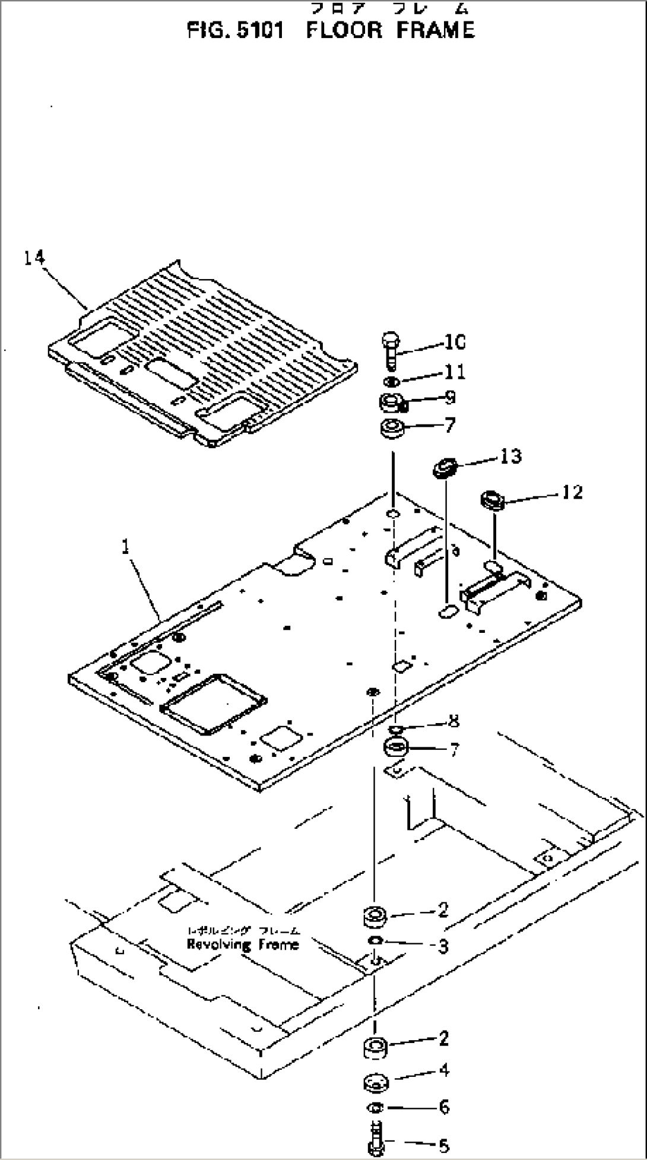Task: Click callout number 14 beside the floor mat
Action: pyautogui.click(x=34, y=258)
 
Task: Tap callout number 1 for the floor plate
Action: pyautogui.click(x=126, y=547)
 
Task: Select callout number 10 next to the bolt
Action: pyautogui.click(x=455, y=343)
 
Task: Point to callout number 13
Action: pyautogui.click(x=510, y=456)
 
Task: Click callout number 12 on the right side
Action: pyautogui.click(x=572, y=492)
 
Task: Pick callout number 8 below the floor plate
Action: pyautogui.click(x=454, y=721)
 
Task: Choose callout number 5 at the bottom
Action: pyautogui.click(x=443, y=1146)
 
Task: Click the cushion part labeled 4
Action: pyautogui.click(x=375, y=1082)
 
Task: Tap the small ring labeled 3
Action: pyautogui.click(x=375, y=940)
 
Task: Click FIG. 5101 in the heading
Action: pyautogui.click(x=236, y=30)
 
